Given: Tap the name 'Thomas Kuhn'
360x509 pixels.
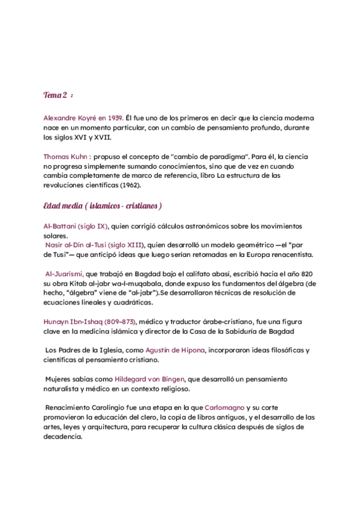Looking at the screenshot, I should click(x=65, y=156).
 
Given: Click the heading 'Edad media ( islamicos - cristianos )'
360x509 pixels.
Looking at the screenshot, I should click(x=103, y=206).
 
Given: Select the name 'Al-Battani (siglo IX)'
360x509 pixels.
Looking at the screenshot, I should click(x=76, y=226).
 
